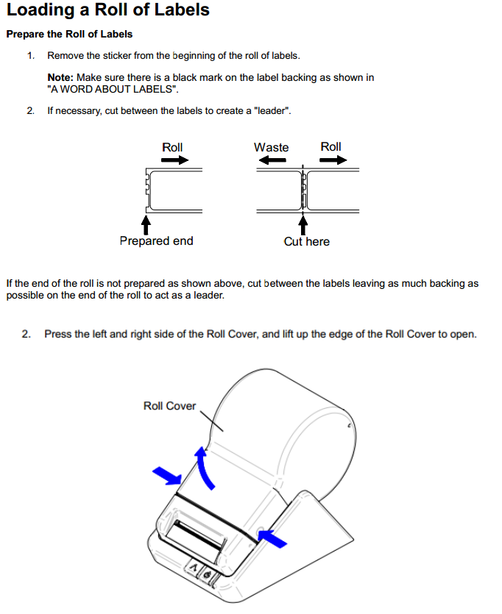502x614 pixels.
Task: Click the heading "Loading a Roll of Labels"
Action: pos(108,10)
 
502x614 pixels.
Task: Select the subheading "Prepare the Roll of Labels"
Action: pos(69,34)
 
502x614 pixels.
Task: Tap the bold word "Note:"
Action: pos(60,77)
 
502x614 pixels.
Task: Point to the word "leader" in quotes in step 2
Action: pos(273,111)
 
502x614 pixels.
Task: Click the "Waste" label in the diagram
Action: pos(271,147)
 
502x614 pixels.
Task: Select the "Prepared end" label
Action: pos(156,241)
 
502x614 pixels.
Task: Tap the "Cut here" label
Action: pos(306,241)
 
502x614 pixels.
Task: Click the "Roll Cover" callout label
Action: pos(169,406)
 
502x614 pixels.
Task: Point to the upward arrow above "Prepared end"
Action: pos(146,221)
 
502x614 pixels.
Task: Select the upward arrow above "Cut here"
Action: pos(303,223)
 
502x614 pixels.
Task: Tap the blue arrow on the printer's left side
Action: pos(166,476)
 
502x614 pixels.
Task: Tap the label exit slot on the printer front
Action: pos(194,539)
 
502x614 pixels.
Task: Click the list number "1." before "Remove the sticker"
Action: pos(31,56)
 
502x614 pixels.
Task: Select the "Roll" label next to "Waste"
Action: pos(330,147)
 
